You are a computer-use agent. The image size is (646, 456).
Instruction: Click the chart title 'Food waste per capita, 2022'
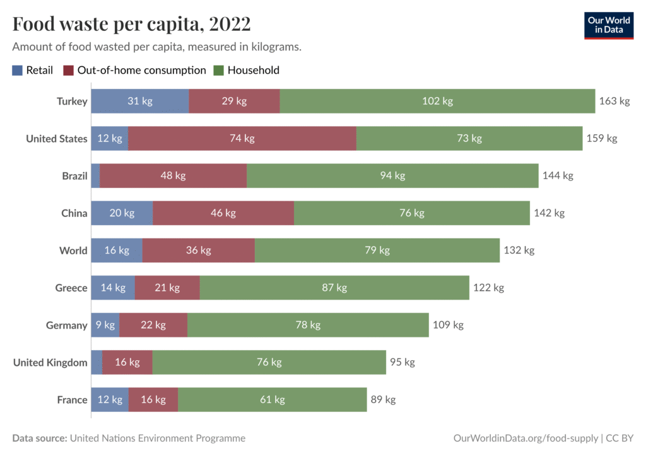click(x=131, y=24)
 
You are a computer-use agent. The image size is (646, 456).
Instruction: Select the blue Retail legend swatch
click(x=17, y=71)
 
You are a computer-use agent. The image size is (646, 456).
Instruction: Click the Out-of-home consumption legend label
click(x=141, y=71)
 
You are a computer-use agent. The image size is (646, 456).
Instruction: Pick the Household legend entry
click(x=252, y=71)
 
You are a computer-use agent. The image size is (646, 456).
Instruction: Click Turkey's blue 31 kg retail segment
click(x=139, y=101)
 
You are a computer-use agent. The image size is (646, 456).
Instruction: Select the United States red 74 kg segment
click(x=242, y=139)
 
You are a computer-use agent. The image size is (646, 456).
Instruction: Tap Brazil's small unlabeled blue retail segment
click(x=95, y=176)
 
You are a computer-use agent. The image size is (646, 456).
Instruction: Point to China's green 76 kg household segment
click(x=411, y=213)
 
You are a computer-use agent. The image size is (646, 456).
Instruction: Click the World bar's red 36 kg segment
click(x=198, y=250)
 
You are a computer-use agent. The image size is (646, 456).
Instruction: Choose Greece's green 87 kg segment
click(x=334, y=288)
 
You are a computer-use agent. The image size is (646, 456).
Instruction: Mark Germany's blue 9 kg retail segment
click(x=105, y=325)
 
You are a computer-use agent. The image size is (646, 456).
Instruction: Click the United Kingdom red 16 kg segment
click(x=127, y=363)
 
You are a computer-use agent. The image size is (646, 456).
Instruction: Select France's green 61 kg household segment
click(x=272, y=400)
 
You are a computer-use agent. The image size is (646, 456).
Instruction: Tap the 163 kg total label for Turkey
click(x=614, y=101)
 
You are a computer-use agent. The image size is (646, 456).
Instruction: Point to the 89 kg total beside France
click(x=383, y=400)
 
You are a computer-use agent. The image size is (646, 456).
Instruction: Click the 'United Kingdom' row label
click(x=50, y=363)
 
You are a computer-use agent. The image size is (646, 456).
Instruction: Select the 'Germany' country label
click(x=66, y=325)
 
